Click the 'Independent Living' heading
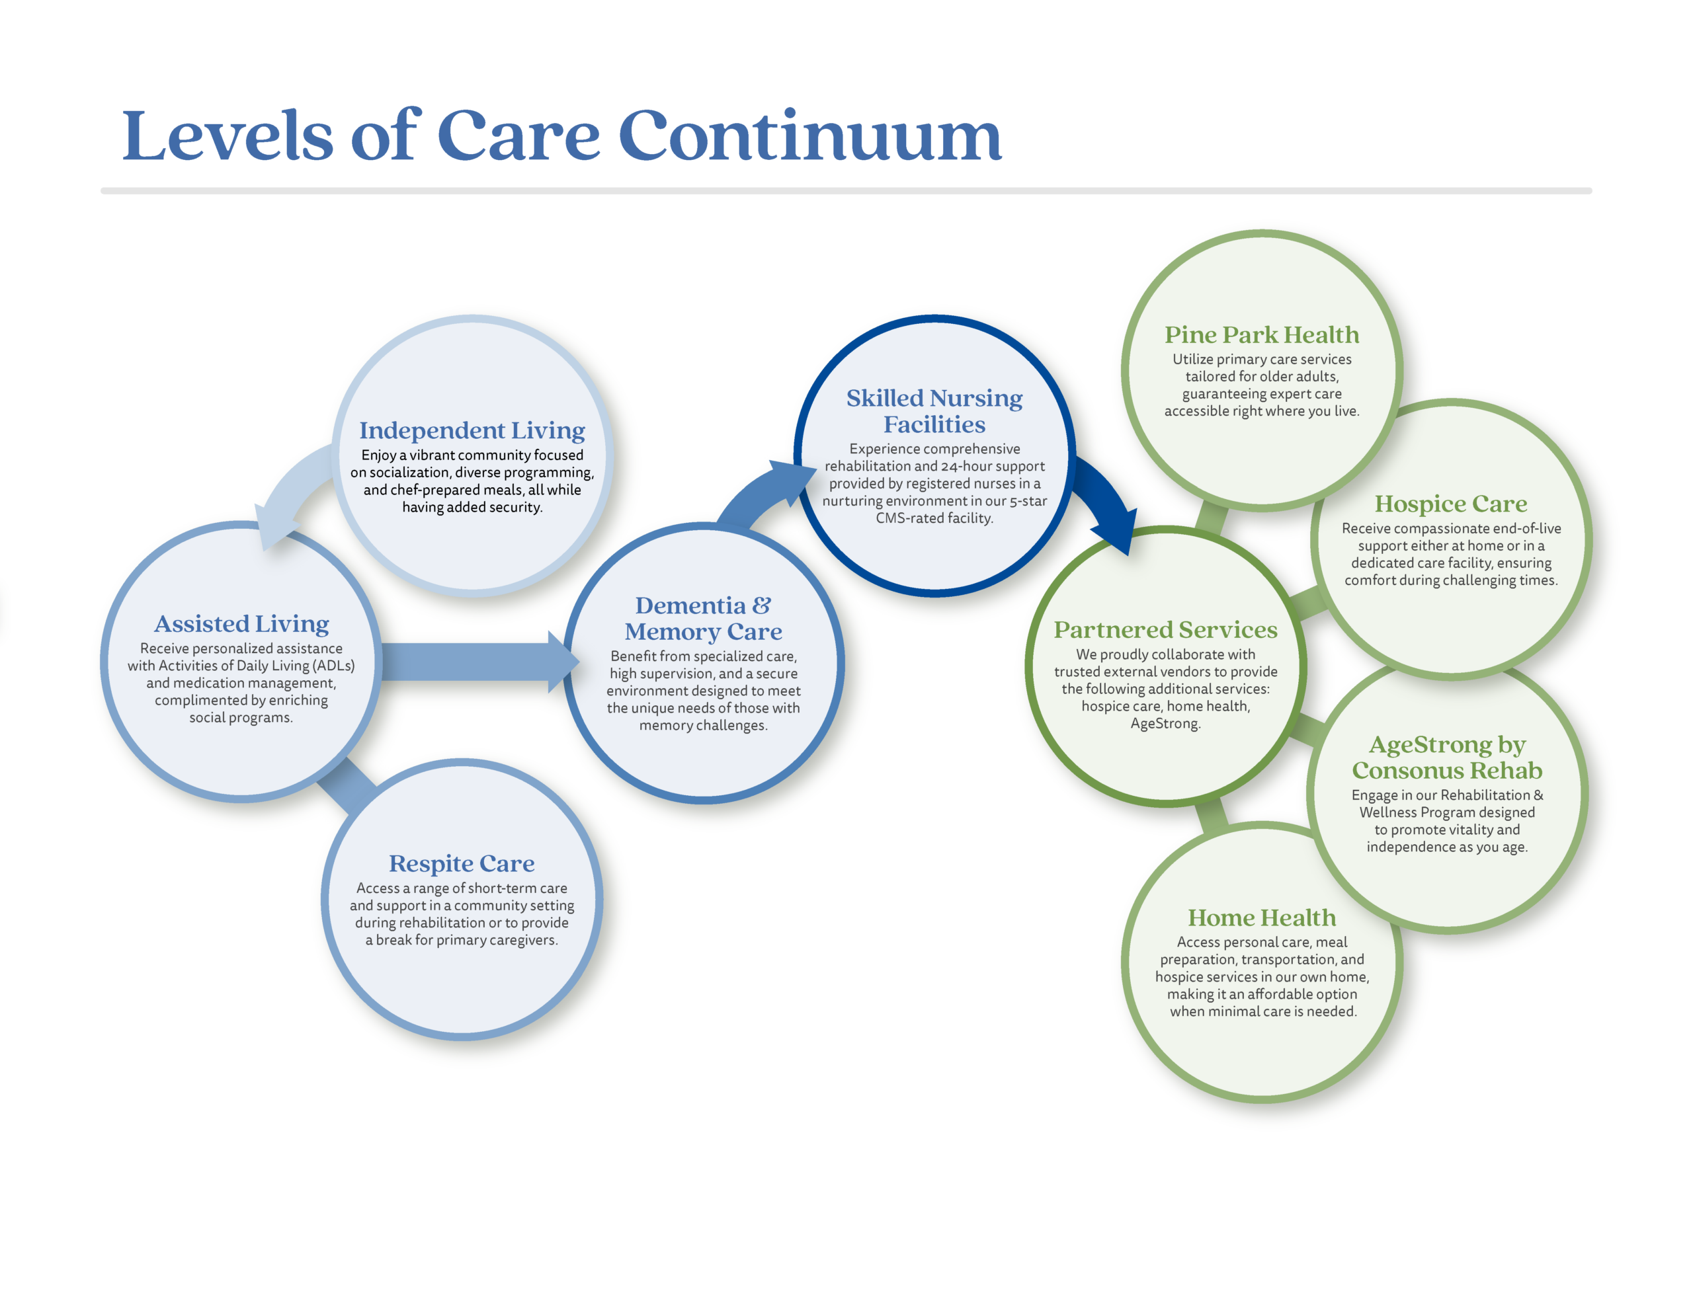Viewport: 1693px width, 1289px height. pos(472,430)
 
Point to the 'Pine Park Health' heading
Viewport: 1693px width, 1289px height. pos(1262,334)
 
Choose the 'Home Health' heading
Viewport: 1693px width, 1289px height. pos(1262,918)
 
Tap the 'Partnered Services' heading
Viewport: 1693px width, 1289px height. pos(1165,630)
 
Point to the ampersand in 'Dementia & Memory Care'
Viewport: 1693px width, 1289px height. pos(761,605)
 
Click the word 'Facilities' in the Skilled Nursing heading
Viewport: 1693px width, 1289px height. pos(934,424)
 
